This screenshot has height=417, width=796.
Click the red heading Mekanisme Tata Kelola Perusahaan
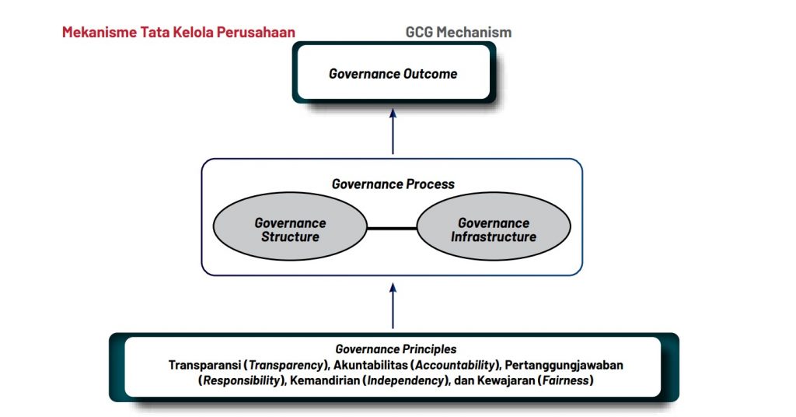(x=179, y=32)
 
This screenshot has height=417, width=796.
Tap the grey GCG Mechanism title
(x=459, y=32)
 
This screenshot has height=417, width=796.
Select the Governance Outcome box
(x=393, y=72)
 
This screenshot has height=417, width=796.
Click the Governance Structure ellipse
(x=290, y=226)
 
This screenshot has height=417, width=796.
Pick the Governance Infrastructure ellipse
(x=494, y=226)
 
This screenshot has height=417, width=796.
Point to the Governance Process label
(x=393, y=184)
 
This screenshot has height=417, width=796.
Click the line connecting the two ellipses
(x=392, y=229)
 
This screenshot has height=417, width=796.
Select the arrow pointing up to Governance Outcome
(x=393, y=131)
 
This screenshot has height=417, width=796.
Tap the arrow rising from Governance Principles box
(x=393, y=306)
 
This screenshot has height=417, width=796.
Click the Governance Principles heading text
(x=396, y=349)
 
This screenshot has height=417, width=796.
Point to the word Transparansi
(x=204, y=365)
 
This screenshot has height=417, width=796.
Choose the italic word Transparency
(x=286, y=365)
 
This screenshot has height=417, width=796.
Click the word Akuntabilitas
(x=371, y=365)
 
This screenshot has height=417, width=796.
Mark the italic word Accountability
(x=455, y=365)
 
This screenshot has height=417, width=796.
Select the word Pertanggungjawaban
(x=564, y=365)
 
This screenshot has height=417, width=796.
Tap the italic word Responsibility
(x=242, y=380)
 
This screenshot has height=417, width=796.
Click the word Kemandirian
(x=325, y=380)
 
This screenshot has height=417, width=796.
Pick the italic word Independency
(x=406, y=380)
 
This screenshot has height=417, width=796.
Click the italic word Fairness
(x=566, y=380)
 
